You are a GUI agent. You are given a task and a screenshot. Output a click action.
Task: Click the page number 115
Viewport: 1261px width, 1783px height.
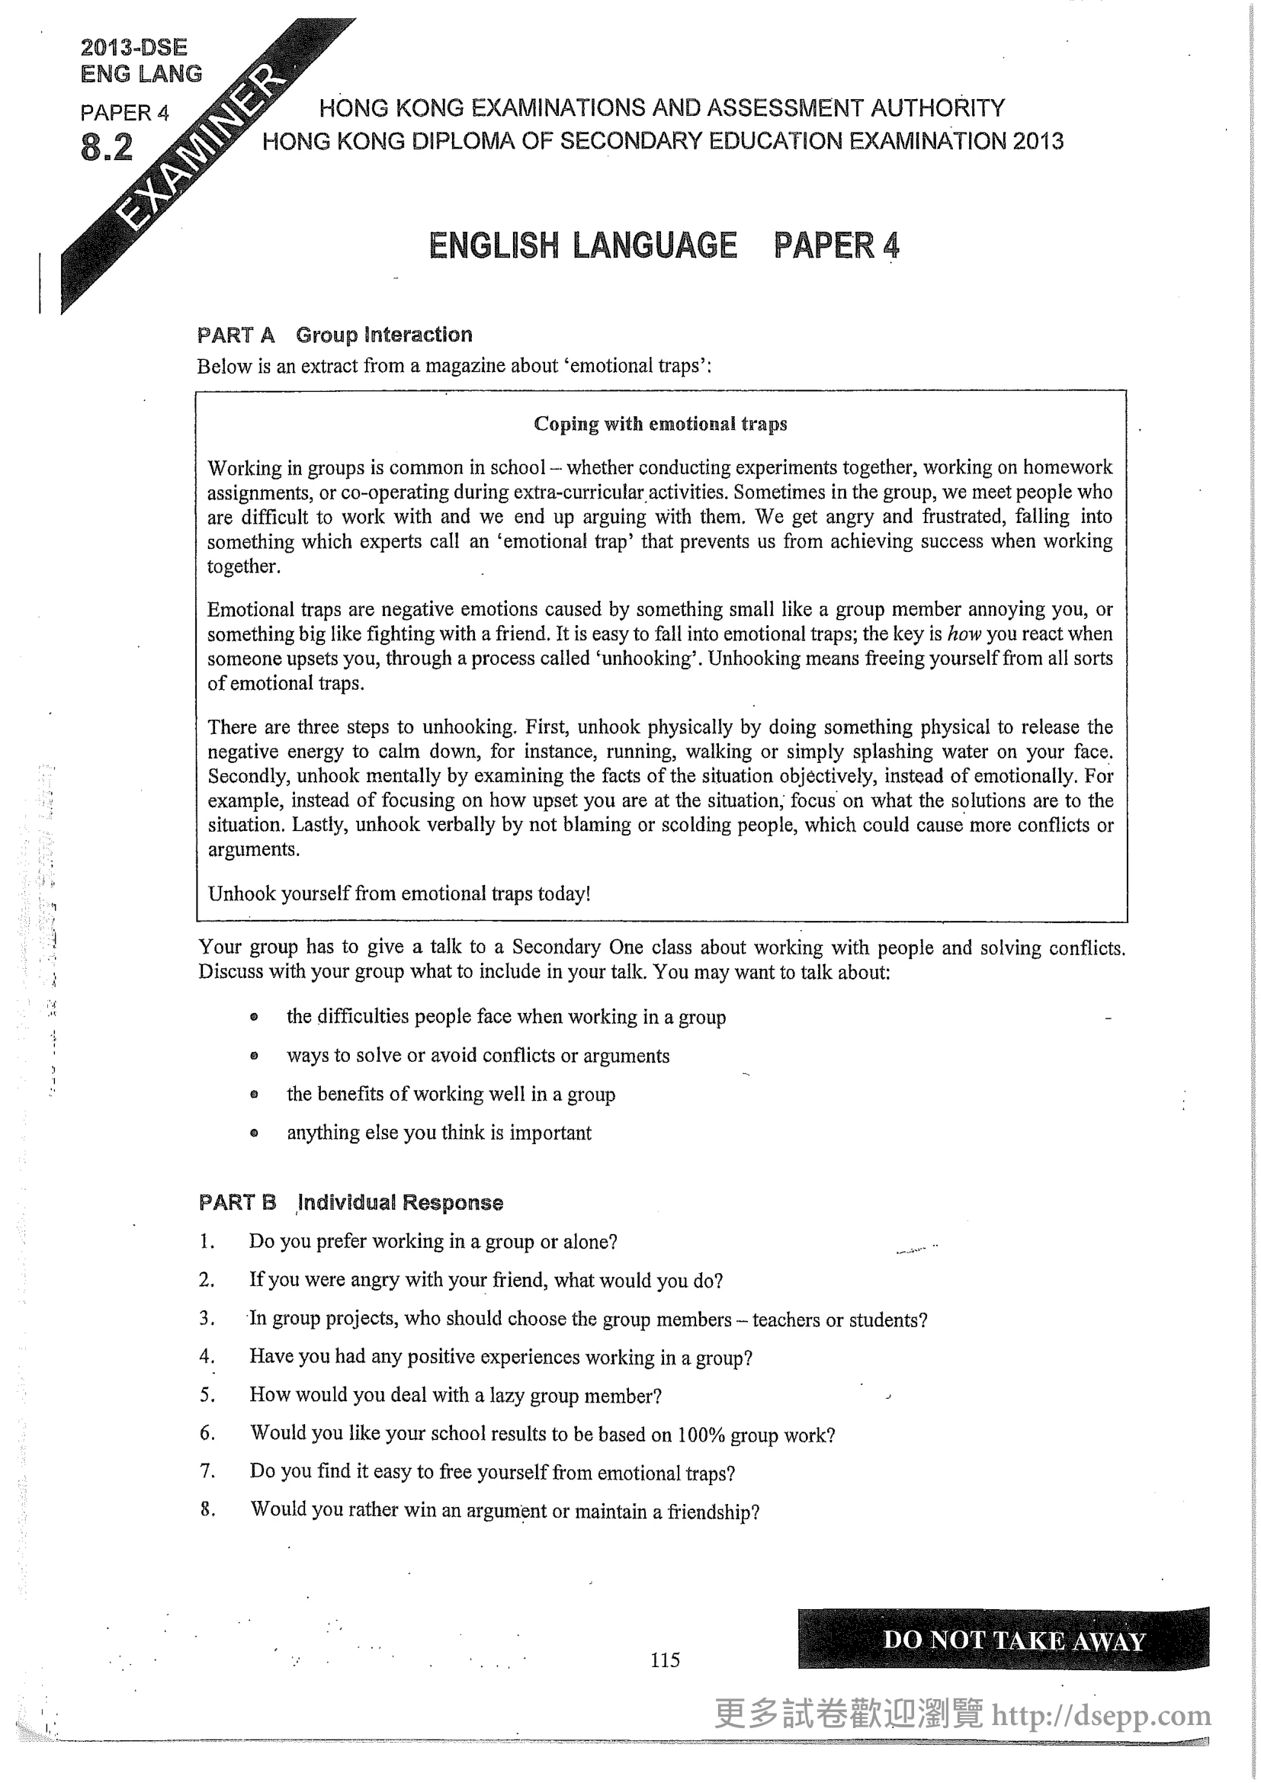point(665,1660)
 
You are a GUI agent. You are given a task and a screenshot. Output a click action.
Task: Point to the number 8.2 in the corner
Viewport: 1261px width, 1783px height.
point(107,148)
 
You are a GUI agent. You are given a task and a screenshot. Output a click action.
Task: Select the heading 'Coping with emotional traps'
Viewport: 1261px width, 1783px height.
point(660,424)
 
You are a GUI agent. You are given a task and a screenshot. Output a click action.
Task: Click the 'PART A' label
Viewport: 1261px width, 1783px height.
point(236,335)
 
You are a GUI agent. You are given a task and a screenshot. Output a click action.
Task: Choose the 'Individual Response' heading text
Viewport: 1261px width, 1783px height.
point(401,1203)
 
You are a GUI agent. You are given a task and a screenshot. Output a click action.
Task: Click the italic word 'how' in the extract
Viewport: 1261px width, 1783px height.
point(965,634)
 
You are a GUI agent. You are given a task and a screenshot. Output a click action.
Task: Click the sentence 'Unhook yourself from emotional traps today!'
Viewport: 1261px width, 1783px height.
point(399,894)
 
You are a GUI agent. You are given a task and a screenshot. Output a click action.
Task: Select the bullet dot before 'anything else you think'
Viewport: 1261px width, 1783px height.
point(254,1133)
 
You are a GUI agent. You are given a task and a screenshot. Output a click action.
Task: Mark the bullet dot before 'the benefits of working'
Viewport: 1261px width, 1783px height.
point(254,1095)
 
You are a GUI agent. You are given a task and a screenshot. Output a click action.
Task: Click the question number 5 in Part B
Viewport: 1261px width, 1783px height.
point(207,1396)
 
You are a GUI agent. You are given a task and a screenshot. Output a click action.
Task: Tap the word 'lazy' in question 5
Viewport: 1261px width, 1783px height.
point(506,1396)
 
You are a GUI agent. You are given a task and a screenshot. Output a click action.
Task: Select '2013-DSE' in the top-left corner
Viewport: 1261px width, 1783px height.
point(133,47)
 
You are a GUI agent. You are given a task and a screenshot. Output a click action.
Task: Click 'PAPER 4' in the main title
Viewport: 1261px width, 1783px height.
point(836,245)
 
